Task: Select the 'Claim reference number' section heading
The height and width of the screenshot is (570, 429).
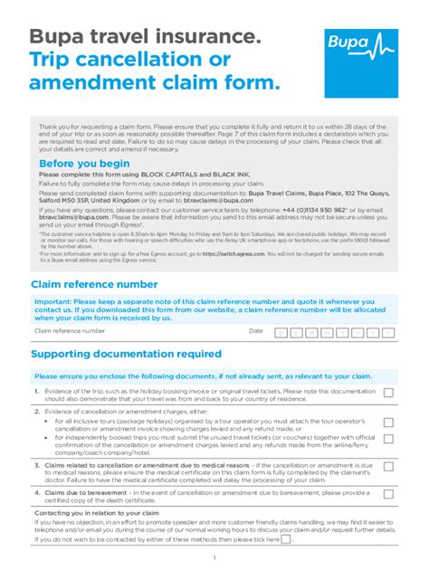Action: (x=94, y=284)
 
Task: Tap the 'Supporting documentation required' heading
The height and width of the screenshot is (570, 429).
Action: (x=126, y=353)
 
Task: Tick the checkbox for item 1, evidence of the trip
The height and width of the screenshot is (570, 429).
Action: (x=388, y=394)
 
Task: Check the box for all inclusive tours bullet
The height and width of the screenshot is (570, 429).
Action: (x=388, y=423)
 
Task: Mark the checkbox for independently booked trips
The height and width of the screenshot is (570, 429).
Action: (x=388, y=443)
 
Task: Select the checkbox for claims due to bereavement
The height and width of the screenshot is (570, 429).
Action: (x=388, y=495)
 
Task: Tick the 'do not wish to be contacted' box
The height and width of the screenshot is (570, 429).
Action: (x=286, y=539)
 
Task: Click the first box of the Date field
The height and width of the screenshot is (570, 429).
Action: (x=281, y=332)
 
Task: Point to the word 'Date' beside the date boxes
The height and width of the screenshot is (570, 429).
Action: (x=256, y=332)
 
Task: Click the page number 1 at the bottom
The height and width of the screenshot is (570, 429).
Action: (x=214, y=558)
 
